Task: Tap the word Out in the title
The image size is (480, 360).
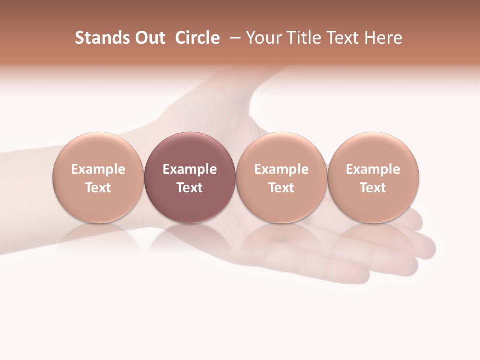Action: point(149,38)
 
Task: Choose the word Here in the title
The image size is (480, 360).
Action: point(383,38)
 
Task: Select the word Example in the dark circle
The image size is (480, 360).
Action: point(190,170)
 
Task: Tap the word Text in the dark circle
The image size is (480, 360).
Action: point(190,188)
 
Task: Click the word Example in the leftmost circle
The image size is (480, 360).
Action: point(98,170)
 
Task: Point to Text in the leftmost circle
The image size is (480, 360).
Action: point(98,188)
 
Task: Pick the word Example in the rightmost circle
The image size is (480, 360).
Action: point(373,170)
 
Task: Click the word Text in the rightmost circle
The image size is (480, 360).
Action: point(373,188)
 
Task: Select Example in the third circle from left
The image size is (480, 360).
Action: point(281,170)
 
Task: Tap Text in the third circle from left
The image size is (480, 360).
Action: point(281,188)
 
